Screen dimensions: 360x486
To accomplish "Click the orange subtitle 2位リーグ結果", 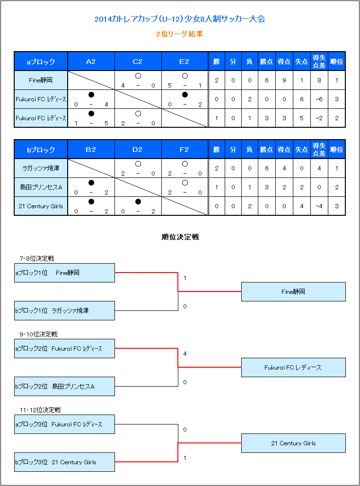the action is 180,34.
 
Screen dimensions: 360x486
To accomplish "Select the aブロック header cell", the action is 41,62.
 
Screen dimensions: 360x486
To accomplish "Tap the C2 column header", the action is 138,62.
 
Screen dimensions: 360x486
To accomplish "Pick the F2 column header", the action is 184,150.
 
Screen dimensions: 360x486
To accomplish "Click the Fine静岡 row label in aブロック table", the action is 41,80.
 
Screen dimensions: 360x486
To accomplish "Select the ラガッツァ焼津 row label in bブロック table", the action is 41,168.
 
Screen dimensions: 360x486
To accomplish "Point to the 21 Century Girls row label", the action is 41,206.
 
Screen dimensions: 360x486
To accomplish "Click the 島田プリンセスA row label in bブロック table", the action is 41,187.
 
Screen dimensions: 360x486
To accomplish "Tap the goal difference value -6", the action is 319,99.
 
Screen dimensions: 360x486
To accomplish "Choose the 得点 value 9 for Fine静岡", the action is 284,80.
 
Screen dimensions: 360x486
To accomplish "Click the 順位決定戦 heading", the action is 180,237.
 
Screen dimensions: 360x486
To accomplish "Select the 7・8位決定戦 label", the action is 37,258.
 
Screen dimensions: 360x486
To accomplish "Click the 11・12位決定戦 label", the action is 40,410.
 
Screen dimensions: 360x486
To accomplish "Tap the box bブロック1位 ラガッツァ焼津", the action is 64,310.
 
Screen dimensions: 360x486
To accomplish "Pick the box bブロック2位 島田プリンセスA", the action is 64,386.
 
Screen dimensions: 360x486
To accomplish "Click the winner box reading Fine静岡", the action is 293,292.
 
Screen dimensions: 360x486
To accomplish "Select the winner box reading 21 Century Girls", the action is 293,443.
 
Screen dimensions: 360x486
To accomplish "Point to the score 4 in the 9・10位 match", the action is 185,353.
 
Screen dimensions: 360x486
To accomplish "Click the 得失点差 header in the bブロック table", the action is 319,150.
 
